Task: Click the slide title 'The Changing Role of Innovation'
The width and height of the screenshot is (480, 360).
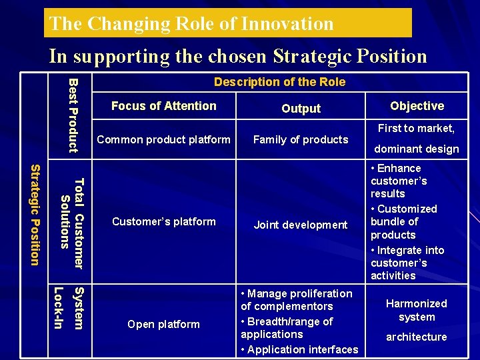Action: [191, 24]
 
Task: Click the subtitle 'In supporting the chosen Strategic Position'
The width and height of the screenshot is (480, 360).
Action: [238, 56]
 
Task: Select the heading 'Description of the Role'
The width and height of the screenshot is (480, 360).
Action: [279, 82]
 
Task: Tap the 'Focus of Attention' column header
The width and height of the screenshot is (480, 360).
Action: [164, 106]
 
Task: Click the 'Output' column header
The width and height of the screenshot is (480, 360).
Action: [301, 109]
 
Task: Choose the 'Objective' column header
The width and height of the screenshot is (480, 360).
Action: [417, 106]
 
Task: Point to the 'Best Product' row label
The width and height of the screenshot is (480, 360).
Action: [74, 115]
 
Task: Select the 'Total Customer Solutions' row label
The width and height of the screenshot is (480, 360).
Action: [72, 223]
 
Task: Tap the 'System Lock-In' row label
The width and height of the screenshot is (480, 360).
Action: [69, 307]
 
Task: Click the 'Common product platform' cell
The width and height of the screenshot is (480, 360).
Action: [164, 139]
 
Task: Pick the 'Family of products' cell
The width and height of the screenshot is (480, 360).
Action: [301, 139]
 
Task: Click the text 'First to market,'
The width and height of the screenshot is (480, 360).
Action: [417, 128]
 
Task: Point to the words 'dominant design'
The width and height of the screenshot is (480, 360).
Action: [417, 149]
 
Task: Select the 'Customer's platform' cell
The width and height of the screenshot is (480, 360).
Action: [164, 221]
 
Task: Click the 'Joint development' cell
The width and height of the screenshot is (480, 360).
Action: [301, 225]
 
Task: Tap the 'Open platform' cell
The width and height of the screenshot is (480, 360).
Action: [164, 324]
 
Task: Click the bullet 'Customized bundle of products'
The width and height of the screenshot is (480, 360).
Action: [403, 222]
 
